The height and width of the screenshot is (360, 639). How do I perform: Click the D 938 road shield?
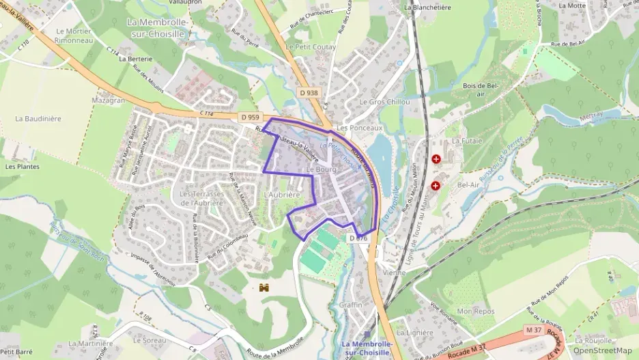tap(308, 92)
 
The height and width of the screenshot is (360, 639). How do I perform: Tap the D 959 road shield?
tap(250, 117)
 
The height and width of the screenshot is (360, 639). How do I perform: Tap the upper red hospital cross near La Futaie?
tap(436, 158)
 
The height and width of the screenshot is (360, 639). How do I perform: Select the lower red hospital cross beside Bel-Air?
tap(436, 185)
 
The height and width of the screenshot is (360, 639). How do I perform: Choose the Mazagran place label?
tap(108, 100)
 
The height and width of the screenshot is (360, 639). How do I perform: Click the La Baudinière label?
tap(38, 118)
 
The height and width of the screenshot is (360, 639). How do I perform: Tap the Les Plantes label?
tap(21, 166)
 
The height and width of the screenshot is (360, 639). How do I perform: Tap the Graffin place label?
tap(350, 305)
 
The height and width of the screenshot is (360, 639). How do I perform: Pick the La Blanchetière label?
tap(427, 8)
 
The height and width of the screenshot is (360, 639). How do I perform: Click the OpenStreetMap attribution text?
tap(602, 351)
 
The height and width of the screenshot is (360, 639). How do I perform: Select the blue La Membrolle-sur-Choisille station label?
tap(365, 348)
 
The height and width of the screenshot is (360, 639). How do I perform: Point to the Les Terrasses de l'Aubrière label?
tap(201, 198)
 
